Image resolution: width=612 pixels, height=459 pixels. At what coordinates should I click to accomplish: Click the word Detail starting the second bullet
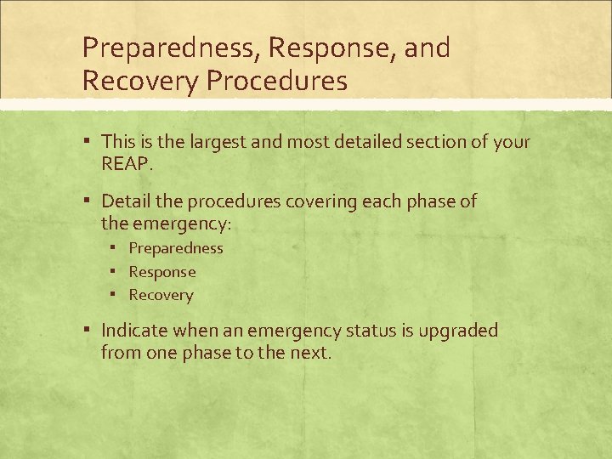(125, 201)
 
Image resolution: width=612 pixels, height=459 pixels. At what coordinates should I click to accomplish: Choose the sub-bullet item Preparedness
(176, 248)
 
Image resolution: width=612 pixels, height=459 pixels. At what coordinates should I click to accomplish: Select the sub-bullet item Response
(162, 272)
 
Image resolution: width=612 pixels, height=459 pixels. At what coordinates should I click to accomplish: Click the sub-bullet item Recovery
(161, 295)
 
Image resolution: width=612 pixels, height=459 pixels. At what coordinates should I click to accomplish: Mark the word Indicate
(135, 330)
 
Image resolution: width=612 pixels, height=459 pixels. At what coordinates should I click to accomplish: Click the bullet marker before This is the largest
(88, 140)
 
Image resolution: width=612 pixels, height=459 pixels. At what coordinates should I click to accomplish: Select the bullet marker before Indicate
(88, 330)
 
